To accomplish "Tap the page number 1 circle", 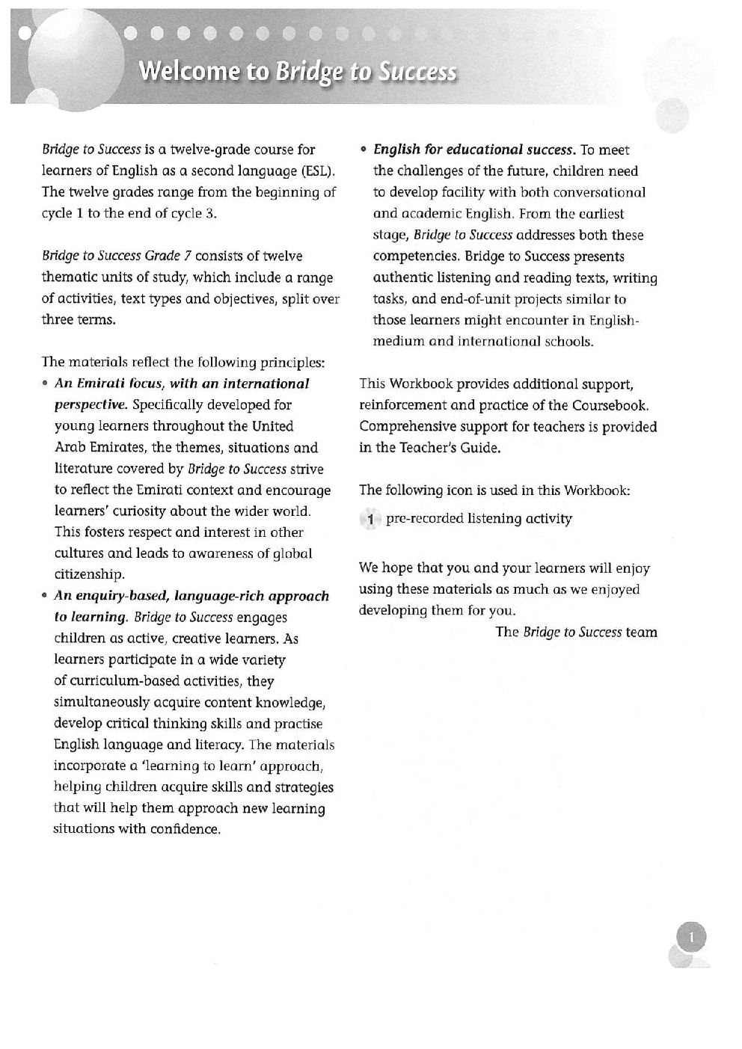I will coord(691,937).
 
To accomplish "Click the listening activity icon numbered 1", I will coord(370,520).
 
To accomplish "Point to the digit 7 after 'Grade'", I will coord(188,256).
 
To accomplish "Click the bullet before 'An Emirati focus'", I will coord(46,384).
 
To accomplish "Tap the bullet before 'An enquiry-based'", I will coord(46,597).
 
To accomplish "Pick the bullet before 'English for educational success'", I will coord(364,150).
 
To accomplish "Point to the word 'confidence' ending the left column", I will coord(187,829).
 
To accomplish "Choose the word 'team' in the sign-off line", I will coord(642,633).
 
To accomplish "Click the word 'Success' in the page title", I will coord(417,71).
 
